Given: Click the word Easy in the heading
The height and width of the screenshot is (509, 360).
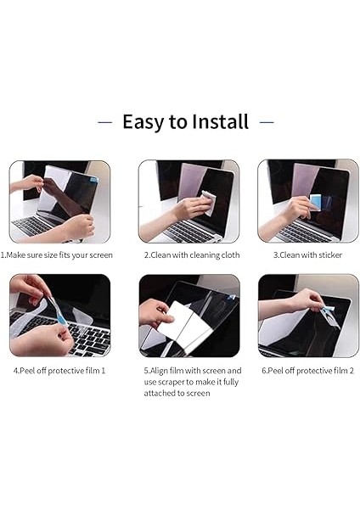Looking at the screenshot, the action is click(143, 122).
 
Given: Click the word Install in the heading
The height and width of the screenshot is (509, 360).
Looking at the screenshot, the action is click(220, 121).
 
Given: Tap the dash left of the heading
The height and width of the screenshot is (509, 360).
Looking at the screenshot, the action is click(104, 122).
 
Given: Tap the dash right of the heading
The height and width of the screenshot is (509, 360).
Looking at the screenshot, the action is click(267, 122).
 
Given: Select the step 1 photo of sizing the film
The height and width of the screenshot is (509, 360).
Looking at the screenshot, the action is click(59, 202).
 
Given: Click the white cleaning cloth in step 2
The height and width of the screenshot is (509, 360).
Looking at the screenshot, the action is click(208, 202).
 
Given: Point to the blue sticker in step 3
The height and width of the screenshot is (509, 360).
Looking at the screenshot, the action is click(315, 202).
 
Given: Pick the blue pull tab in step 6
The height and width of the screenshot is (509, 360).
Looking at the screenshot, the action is click(327, 310).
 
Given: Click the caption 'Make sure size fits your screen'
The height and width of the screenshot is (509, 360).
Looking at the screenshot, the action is click(59, 255).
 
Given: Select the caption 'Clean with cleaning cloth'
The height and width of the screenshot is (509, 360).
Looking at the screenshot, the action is click(195, 255).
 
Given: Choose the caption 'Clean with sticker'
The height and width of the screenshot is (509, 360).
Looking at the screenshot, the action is click(311, 255).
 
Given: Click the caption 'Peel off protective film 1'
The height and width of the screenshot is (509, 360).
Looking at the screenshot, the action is click(62, 371).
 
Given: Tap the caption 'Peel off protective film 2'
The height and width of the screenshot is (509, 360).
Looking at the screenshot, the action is click(311, 371).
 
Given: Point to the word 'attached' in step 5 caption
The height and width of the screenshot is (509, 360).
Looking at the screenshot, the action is click(160, 393).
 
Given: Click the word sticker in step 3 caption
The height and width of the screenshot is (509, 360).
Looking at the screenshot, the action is click(330, 255).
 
